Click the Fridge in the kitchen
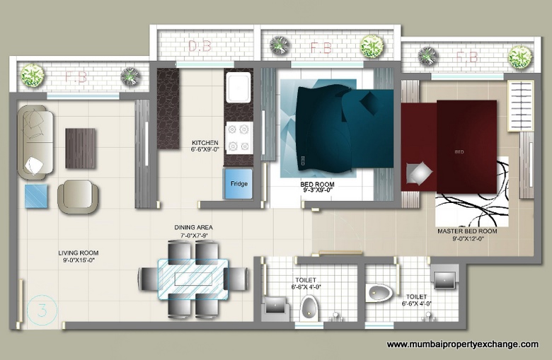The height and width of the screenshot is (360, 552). click(x=238, y=184)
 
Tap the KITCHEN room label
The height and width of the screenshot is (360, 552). click(x=205, y=144)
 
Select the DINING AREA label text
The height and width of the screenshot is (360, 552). click(x=194, y=228)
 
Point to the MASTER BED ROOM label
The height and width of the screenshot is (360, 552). click(x=468, y=231)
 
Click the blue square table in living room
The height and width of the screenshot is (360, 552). click(x=38, y=196)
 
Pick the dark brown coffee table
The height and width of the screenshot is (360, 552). click(x=80, y=148)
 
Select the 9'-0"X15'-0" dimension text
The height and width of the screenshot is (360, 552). click(x=79, y=261)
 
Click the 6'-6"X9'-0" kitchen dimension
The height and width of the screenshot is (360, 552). click(x=205, y=151)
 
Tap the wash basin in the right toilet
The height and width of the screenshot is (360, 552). click(x=445, y=278)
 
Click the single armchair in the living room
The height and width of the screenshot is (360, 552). click(x=78, y=196)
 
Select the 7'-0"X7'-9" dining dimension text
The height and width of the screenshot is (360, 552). click(x=194, y=236)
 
